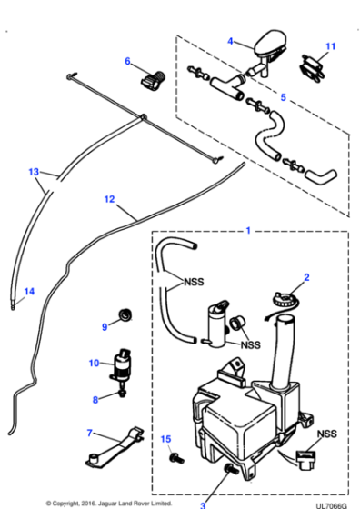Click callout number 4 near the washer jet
tap(230, 41)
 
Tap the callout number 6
tap(128, 62)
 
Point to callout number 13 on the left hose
tap(34, 171)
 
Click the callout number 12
tap(109, 198)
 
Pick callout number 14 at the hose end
tap(28, 291)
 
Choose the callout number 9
tap(105, 325)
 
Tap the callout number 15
tap(165, 440)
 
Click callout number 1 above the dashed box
tap(247, 231)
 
